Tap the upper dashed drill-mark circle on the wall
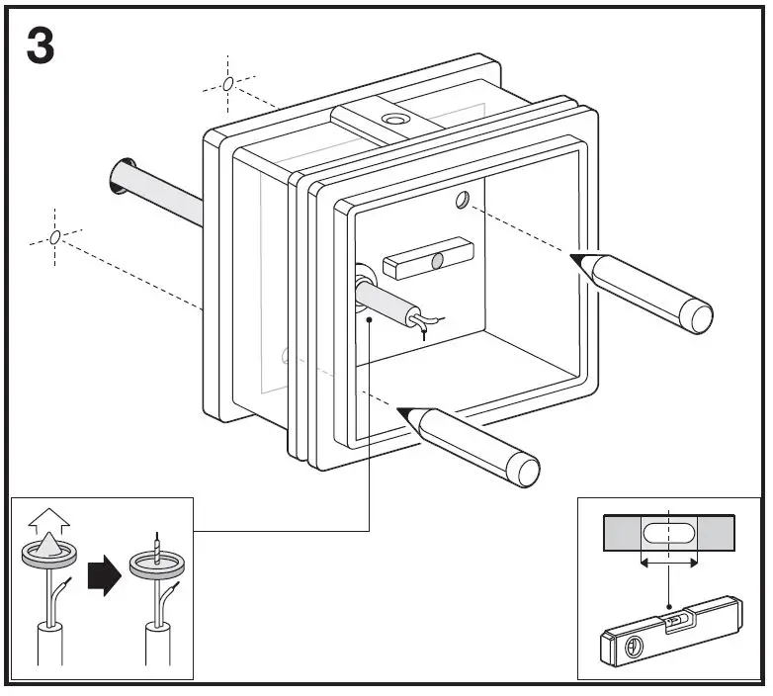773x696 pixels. pos(228,84)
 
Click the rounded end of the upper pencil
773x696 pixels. pos(701,317)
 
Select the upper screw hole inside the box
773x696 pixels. pos(463,201)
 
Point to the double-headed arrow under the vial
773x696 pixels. pos(669,562)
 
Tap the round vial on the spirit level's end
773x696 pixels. pos(632,649)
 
